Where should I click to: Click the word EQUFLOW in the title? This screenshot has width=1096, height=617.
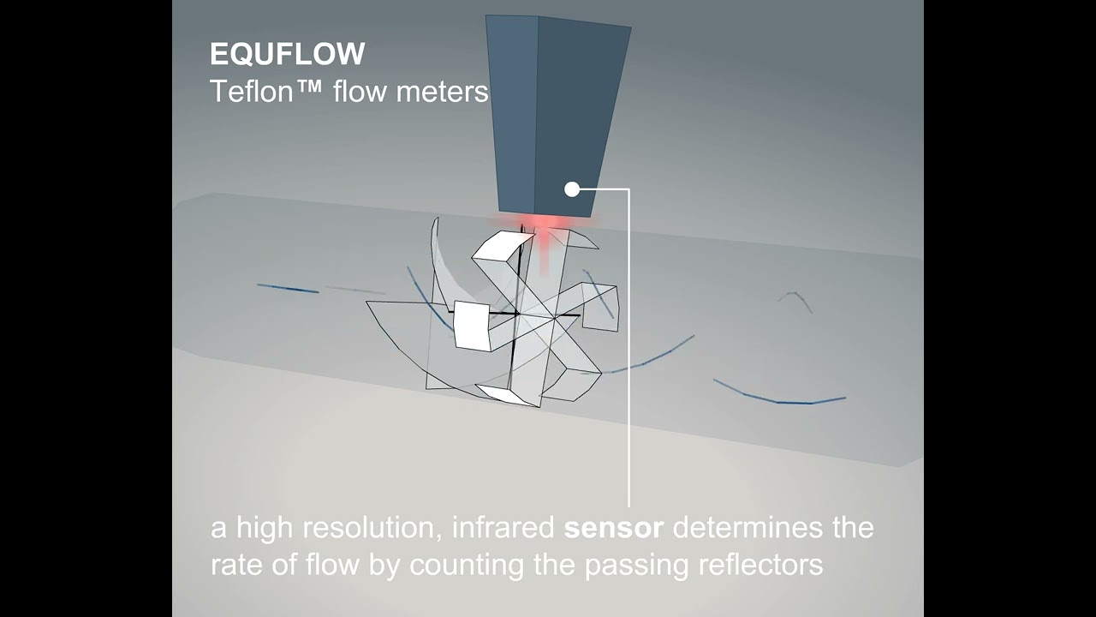[x=287, y=55]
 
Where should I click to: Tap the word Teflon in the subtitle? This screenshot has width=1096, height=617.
[x=252, y=91]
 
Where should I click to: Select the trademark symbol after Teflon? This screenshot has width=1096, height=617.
[x=310, y=89]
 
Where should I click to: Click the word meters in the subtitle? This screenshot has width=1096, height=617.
[x=445, y=91]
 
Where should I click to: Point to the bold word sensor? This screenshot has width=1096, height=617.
[x=613, y=528]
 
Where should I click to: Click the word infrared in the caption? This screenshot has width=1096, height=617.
[x=503, y=528]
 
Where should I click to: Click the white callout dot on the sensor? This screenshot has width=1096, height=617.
[x=572, y=189]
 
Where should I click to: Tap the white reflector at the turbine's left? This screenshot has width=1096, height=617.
[x=471, y=326]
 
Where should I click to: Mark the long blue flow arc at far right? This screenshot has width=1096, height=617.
[x=779, y=396]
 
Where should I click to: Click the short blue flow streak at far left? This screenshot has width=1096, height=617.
[x=288, y=289]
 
